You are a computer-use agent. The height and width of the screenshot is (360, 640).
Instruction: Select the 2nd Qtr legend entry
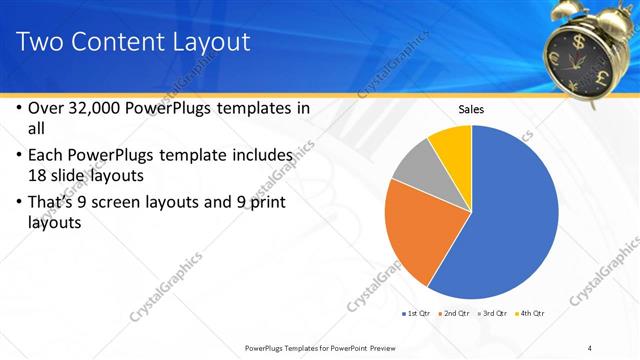click(454, 314)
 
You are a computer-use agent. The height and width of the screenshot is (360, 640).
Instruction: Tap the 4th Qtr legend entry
click(530, 314)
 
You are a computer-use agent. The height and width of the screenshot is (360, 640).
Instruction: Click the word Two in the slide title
click(43, 42)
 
